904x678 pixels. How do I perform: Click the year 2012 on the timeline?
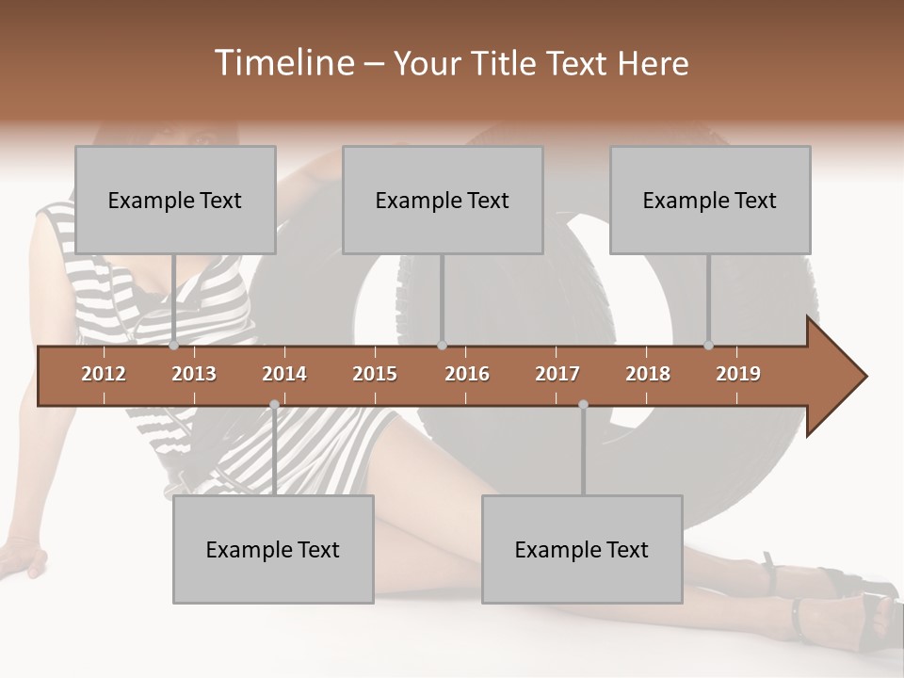point(104,374)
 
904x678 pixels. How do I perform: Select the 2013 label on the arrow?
point(194,374)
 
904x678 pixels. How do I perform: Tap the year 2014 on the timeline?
point(284,374)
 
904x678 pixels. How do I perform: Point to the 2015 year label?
point(375,374)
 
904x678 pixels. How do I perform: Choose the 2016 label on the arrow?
point(467,374)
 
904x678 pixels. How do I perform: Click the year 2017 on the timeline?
point(557,374)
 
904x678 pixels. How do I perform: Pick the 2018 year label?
point(648,374)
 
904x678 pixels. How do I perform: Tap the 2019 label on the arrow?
point(738,374)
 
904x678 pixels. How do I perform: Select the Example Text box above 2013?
point(175,200)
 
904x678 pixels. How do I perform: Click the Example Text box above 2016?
point(443,200)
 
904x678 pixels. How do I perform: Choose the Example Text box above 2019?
point(710,200)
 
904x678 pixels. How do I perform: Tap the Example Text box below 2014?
point(273,549)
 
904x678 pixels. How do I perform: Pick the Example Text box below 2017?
point(582,549)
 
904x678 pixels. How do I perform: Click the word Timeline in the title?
point(282,63)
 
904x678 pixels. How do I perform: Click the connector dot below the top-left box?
point(174,346)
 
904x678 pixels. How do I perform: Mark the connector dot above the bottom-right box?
point(583,405)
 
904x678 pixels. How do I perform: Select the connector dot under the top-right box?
point(709,346)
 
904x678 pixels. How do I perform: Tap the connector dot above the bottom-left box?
point(274,405)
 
